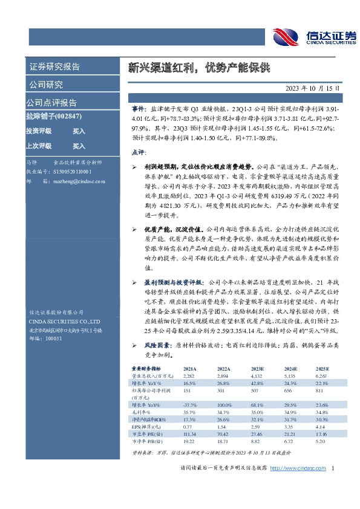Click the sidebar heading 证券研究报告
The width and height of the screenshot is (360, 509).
pyautogui.click(x=55, y=66)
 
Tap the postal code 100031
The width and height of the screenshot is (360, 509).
pyautogui.click(x=54, y=339)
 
